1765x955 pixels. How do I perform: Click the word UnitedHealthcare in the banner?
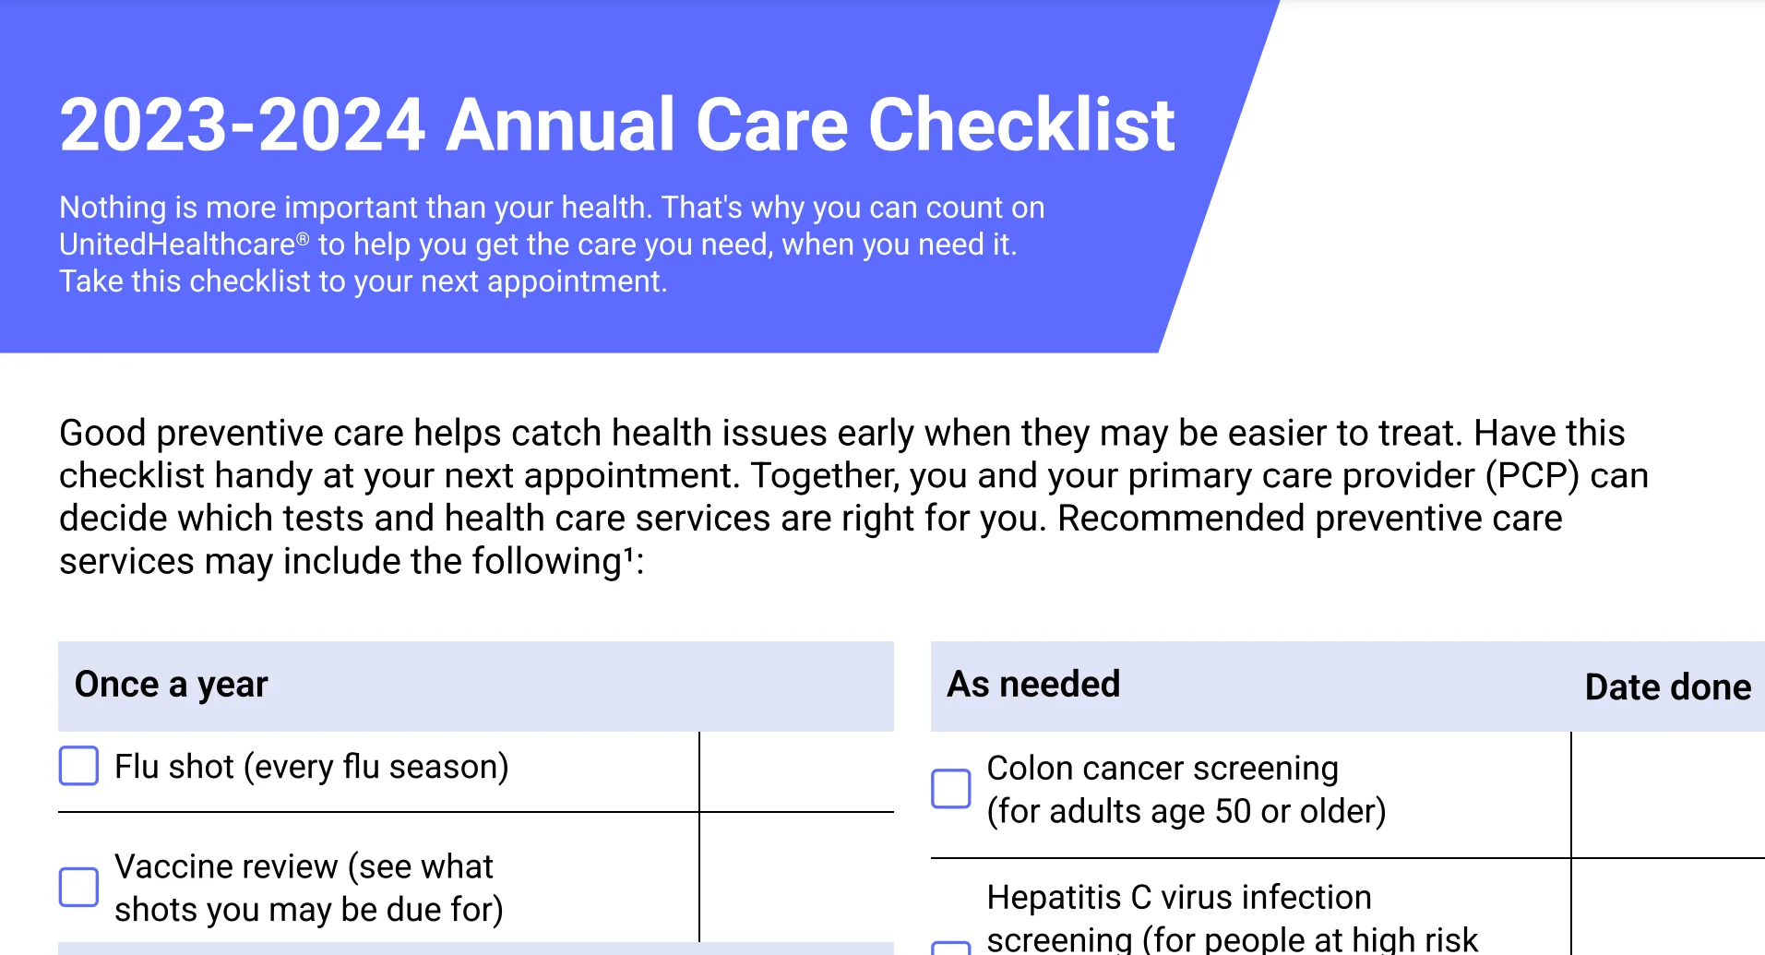point(177,245)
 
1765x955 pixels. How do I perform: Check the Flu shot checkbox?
point(78,766)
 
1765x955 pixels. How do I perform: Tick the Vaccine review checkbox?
point(78,887)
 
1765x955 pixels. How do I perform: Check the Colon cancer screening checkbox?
point(950,788)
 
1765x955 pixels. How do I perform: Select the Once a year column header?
point(172,685)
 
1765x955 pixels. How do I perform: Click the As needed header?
point(1033,685)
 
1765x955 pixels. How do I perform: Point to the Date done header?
point(1667,687)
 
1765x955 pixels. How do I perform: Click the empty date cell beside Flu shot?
point(796,771)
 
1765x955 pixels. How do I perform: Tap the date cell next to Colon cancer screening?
point(1666,794)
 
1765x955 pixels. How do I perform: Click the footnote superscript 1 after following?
point(629,555)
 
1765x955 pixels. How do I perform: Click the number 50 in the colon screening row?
point(1233,812)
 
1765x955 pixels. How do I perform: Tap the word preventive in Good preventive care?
point(243,434)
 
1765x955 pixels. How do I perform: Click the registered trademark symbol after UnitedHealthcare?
point(303,238)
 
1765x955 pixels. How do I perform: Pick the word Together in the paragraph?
point(822,476)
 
